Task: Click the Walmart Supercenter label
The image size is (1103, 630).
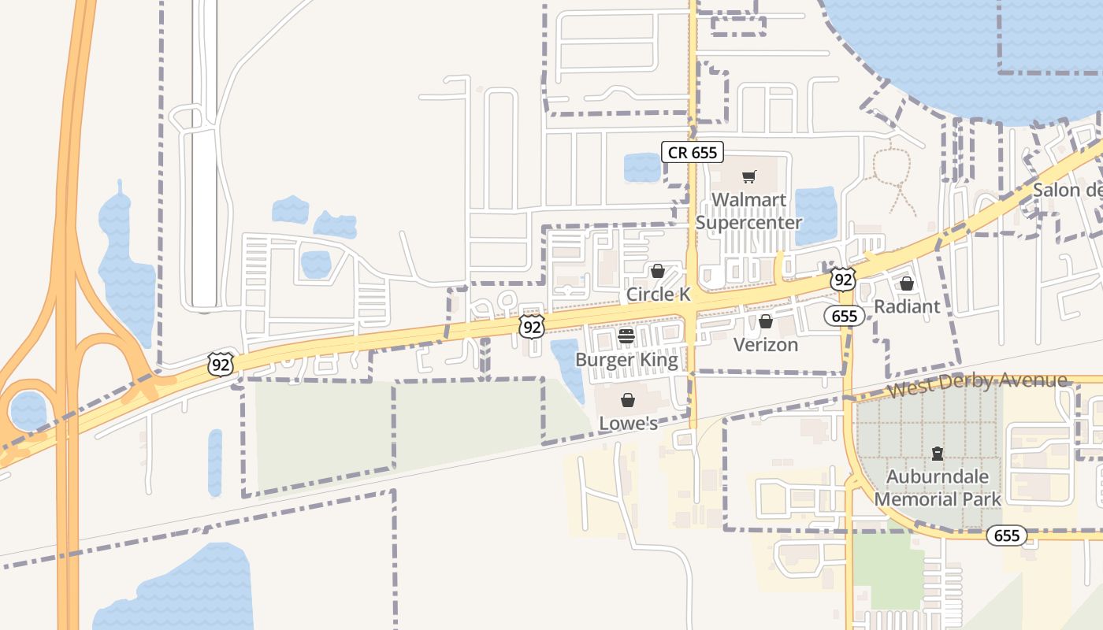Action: (748, 211)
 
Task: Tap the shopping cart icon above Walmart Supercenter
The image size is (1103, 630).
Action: (748, 176)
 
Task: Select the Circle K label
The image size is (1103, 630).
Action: (658, 295)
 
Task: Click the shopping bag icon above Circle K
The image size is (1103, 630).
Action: (658, 271)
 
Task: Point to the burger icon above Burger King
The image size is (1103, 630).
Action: (626, 336)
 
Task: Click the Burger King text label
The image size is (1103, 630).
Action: (626, 360)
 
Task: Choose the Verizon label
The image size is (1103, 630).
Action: (765, 345)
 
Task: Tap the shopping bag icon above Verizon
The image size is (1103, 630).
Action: (765, 321)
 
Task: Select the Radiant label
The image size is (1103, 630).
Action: (907, 306)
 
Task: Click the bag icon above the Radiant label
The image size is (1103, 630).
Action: (907, 283)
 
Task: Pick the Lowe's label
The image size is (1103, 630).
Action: (628, 424)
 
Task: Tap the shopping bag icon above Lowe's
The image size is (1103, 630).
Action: (628, 400)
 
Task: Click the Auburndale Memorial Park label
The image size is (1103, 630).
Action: (938, 487)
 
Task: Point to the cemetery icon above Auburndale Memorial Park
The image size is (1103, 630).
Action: (938, 454)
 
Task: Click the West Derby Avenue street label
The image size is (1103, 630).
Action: (977, 385)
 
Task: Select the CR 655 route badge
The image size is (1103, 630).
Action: (693, 152)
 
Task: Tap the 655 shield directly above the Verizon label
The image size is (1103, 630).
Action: (845, 316)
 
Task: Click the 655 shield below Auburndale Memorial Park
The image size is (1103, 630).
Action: (1006, 536)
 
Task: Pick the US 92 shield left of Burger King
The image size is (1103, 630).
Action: (532, 326)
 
